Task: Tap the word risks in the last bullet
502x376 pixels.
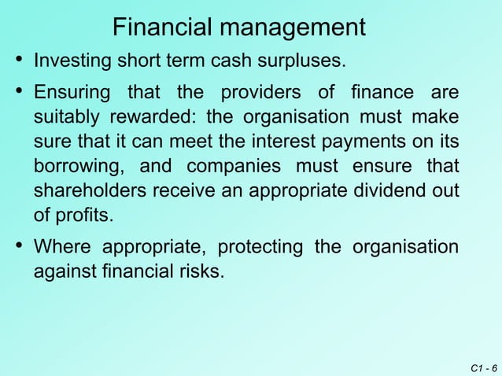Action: point(201,272)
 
